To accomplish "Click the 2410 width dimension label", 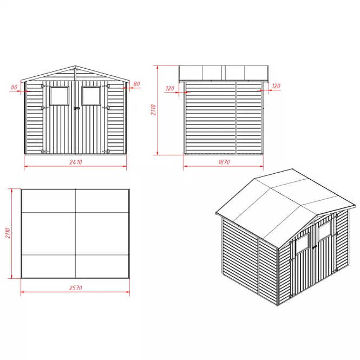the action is click(76, 162).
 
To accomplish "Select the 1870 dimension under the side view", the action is click(224, 162).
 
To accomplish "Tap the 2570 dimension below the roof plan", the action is click(76, 287).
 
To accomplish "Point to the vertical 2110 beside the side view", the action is click(153, 110).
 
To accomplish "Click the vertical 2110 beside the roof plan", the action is click(8, 233).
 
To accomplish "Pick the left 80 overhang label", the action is click(14, 87).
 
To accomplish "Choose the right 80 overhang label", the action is click(136, 84).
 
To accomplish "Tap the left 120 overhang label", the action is click(170, 88).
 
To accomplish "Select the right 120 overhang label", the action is click(276, 86).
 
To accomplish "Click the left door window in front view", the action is click(60, 96).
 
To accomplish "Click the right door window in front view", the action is click(91, 96).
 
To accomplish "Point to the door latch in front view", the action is click(77, 108).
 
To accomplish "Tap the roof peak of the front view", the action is click(75, 67).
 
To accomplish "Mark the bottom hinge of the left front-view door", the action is click(44, 151).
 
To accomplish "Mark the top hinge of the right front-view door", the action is click(106, 86).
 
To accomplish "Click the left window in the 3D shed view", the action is click(302, 243).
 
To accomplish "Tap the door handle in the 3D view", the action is click(315, 247).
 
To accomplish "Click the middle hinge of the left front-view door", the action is click(44, 107).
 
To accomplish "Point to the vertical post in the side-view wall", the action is click(236, 118).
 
